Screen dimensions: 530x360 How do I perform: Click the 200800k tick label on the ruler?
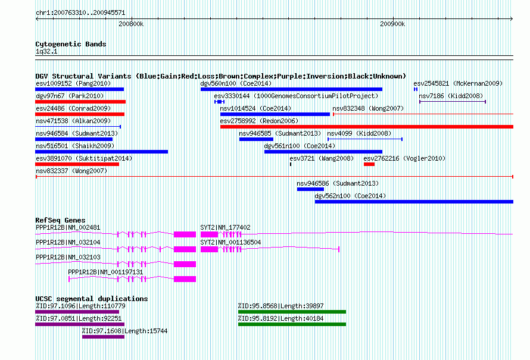pyautogui.click(x=131, y=24)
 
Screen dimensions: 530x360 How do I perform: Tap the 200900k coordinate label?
pyautogui.click(x=392, y=24)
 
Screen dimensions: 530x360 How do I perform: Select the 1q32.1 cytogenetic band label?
pyautogui.click(x=46, y=52)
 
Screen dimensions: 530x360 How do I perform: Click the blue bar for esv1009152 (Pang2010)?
pyautogui.click(x=79, y=89)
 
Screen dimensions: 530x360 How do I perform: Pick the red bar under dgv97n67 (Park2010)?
pyautogui.click(x=80, y=102)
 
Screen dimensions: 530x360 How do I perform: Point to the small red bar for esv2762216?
pyautogui.click(x=369, y=164)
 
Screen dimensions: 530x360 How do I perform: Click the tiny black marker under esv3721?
pyautogui.click(x=291, y=164)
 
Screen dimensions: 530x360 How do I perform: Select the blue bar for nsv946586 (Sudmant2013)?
pyautogui.click(x=311, y=189)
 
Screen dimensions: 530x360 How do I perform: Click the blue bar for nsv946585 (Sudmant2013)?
pyautogui.click(x=256, y=139)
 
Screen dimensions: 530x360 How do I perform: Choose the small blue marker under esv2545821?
pyautogui.click(x=416, y=89)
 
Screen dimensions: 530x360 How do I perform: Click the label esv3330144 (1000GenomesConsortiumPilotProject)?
pyautogui.click(x=296, y=96)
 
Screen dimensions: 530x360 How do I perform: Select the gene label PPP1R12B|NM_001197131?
pyautogui.click(x=105, y=272)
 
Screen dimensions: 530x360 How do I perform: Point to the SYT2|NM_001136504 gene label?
pyautogui.click(x=230, y=242)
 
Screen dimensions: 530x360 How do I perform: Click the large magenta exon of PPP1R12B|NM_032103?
pyautogui.click(x=185, y=264)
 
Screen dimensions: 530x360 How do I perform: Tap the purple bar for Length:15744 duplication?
pyautogui.click(x=103, y=337)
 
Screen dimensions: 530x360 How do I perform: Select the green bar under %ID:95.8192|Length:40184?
pyautogui.click(x=292, y=324)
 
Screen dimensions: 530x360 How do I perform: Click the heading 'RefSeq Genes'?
pyautogui.click(x=61, y=220)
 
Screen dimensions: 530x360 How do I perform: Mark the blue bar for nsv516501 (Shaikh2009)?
pyautogui.click(x=101, y=152)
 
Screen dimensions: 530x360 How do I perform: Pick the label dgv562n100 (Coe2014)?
pyautogui.click(x=350, y=196)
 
